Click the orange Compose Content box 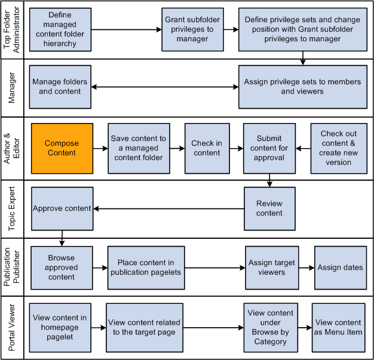click(62, 148)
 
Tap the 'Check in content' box click(207, 148)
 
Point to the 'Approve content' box click(62, 208)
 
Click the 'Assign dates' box click(339, 267)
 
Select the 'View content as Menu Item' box click(338, 327)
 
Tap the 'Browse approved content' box click(62, 267)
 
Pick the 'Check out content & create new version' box click(338, 148)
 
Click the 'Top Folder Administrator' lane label click(12, 30)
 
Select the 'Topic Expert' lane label click(12, 208)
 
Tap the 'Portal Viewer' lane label click(12, 327)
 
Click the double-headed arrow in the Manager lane click(164, 88)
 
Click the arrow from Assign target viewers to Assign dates click(305, 267)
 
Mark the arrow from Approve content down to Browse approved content click(62, 238)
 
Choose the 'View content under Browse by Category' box click(271, 327)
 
